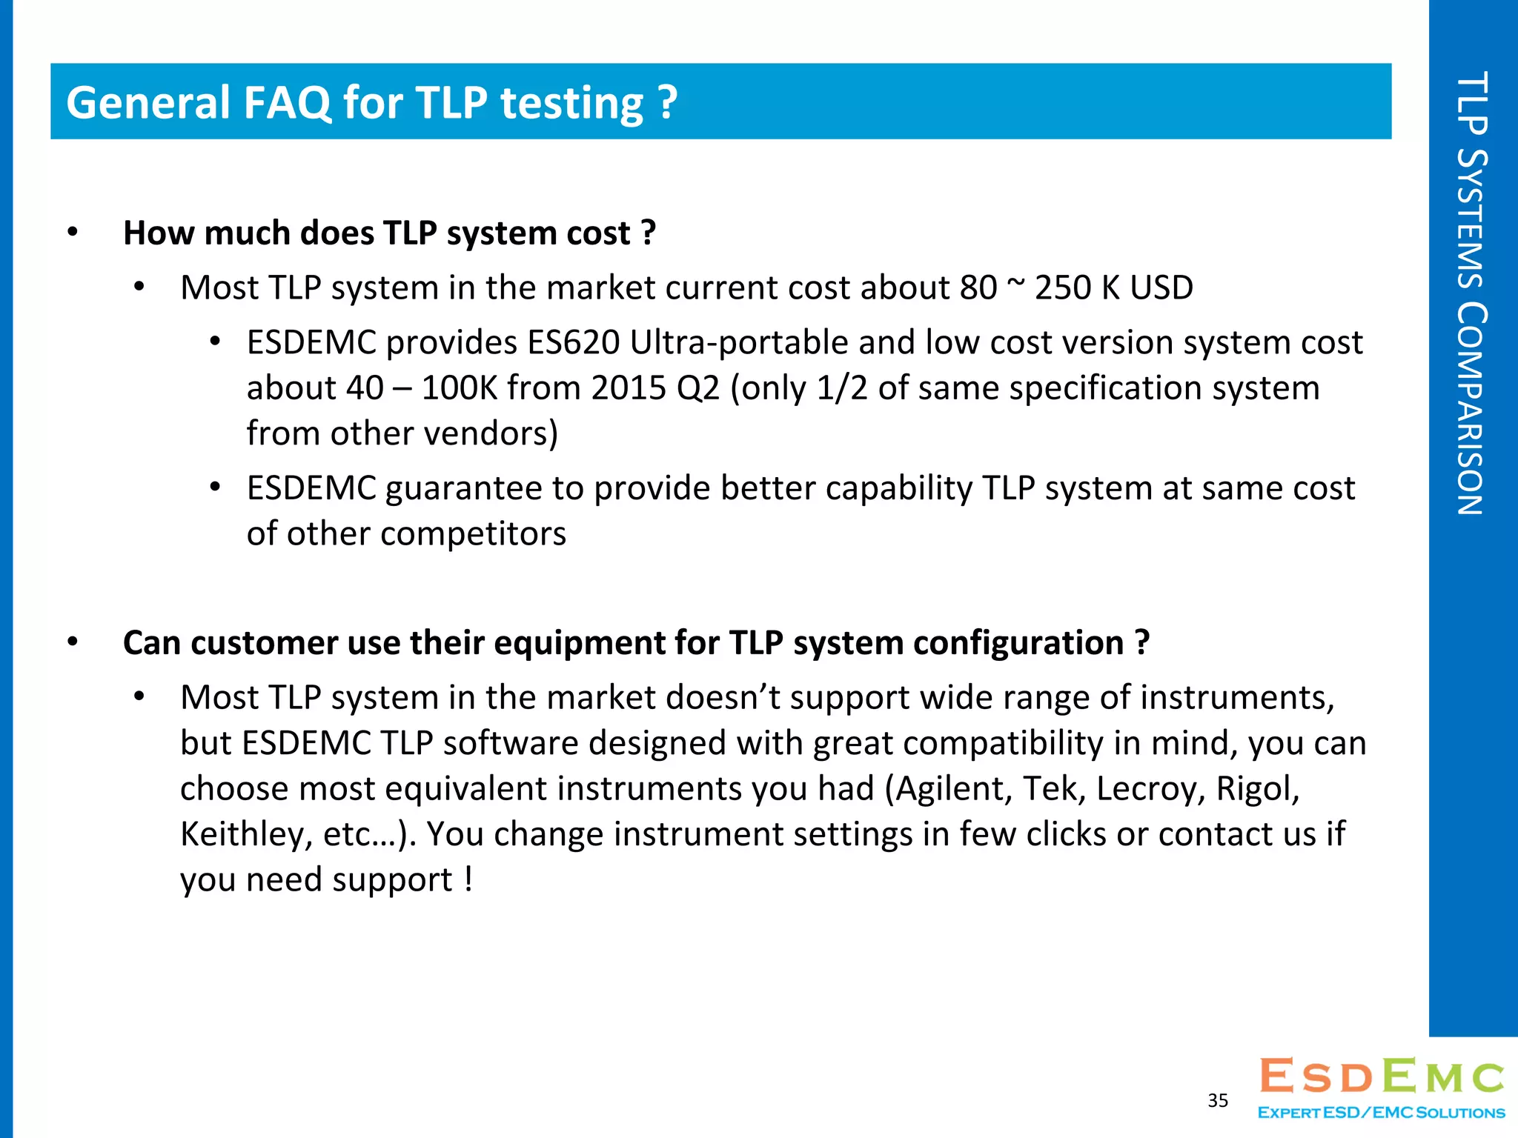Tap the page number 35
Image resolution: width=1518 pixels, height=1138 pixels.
(1218, 1100)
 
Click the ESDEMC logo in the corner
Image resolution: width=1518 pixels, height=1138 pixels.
(1382, 1077)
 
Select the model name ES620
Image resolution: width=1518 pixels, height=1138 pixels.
(573, 342)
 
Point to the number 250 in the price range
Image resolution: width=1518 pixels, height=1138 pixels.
(1062, 287)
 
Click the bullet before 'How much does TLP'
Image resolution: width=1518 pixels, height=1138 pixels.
(72, 233)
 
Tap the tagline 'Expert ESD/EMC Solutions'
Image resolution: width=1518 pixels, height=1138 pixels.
(1382, 1113)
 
